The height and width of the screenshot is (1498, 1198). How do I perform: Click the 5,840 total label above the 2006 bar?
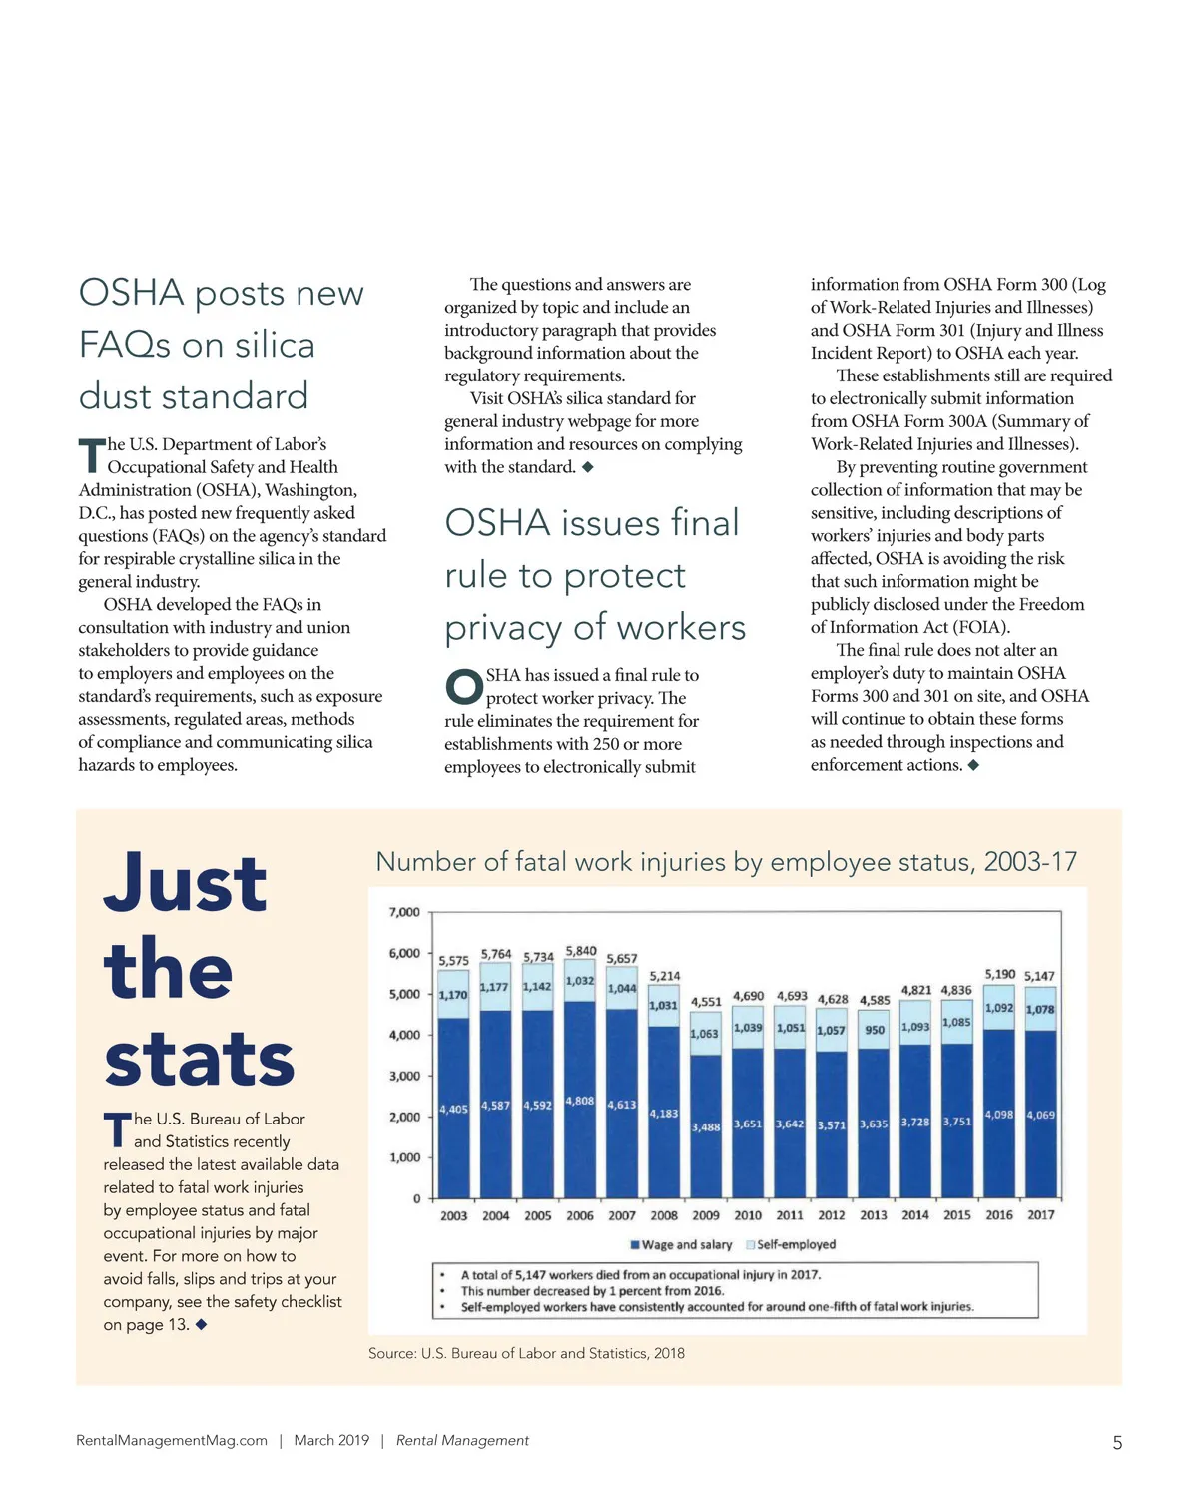[x=581, y=951]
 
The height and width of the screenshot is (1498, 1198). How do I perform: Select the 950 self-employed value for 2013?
[x=875, y=1030]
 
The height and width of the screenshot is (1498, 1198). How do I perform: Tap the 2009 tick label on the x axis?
[x=706, y=1215]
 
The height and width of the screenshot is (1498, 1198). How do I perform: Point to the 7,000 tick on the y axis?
[x=404, y=912]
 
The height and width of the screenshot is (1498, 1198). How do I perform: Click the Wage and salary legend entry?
[x=681, y=1245]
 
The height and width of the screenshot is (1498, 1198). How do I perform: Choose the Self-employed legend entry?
[x=791, y=1245]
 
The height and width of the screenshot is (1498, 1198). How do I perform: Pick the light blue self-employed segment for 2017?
[x=1040, y=1010]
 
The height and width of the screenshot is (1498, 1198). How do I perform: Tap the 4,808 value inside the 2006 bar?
[x=580, y=1101]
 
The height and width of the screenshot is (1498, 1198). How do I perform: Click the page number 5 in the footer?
[x=1117, y=1443]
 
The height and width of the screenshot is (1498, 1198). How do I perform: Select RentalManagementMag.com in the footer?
[x=172, y=1441]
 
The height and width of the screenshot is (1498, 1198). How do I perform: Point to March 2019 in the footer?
[x=331, y=1441]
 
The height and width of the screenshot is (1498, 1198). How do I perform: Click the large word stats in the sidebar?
[x=200, y=1059]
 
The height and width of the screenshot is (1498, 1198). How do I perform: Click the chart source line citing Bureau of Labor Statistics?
[x=526, y=1354]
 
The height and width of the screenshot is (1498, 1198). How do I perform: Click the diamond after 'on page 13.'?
[x=202, y=1325]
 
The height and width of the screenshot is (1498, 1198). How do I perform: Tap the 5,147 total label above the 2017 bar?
[x=1039, y=976]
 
